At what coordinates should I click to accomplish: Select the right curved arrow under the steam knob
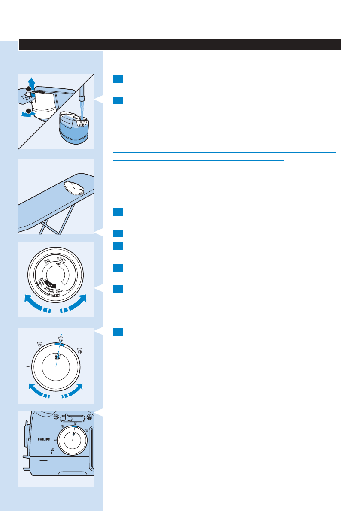point(73,391)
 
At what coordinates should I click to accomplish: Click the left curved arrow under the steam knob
point(37,391)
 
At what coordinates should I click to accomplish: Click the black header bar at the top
point(180,44)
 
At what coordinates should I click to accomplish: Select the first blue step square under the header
point(118,79)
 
